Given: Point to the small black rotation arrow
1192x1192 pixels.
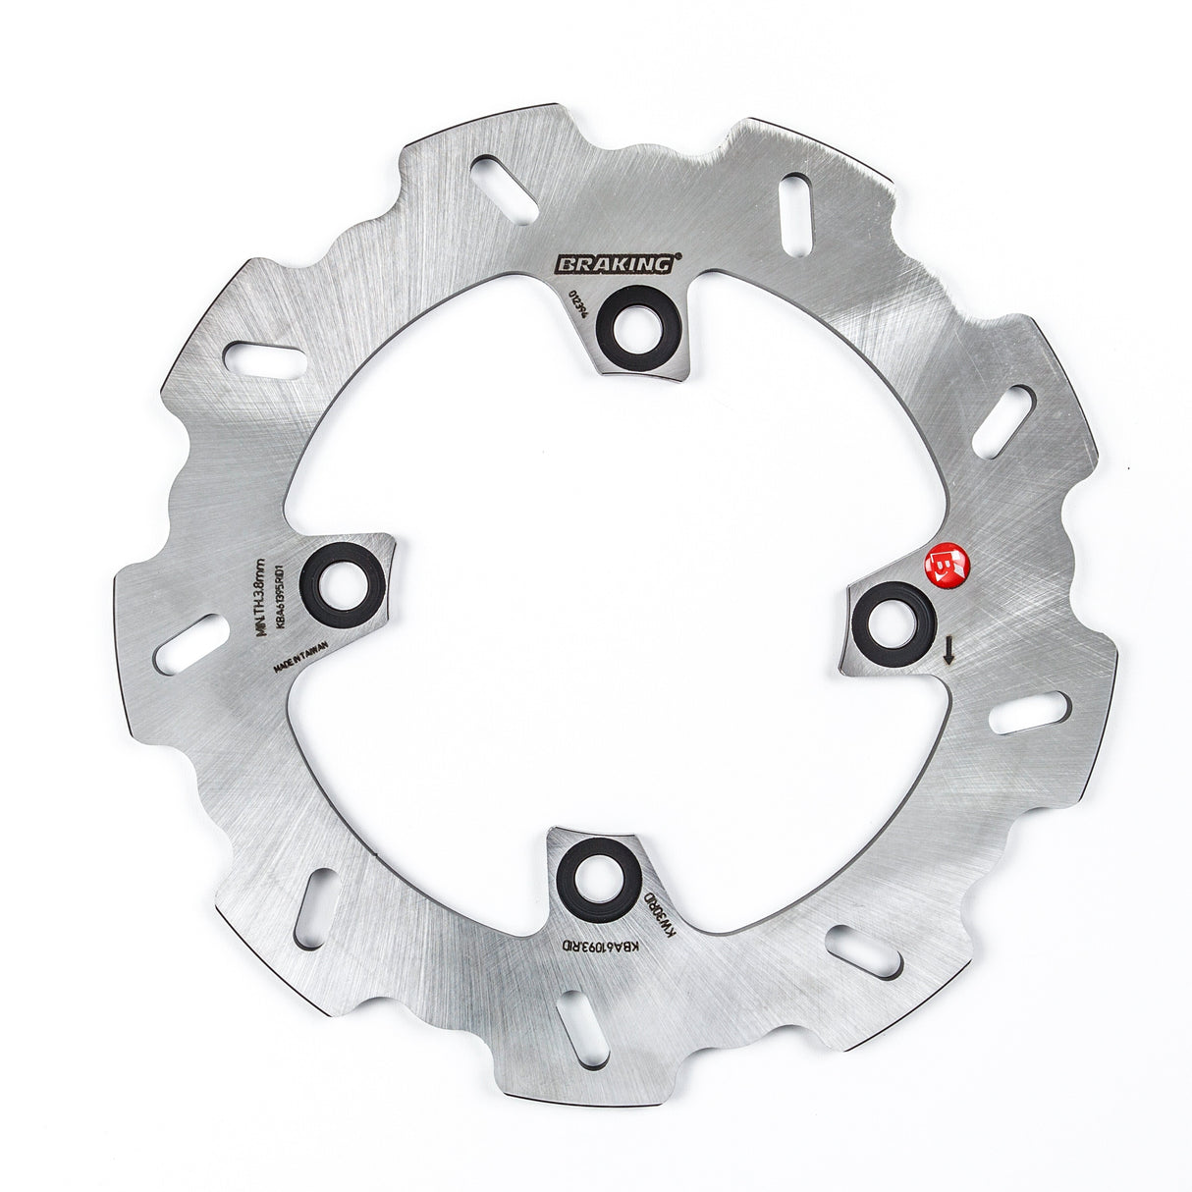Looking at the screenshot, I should click(948, 649).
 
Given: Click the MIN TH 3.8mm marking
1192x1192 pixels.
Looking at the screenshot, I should click(261, 598).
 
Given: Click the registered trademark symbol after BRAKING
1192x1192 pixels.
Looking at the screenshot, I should click(677, 258).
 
